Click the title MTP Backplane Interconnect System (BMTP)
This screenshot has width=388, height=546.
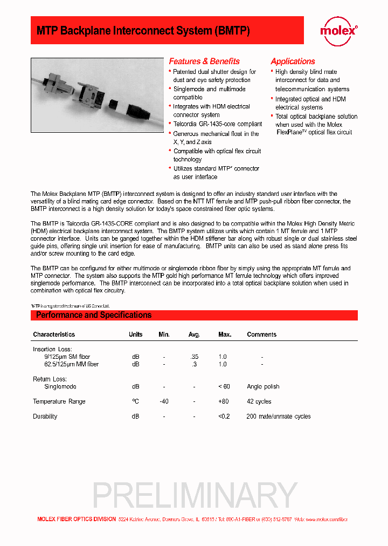[x=143, y=31]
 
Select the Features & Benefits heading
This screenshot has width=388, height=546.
[x=204, y=62]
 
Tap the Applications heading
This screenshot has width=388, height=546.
[x=293, y=62]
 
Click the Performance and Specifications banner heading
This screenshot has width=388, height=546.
[x=94, y=315]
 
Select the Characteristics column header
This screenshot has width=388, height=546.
[x=54, y=335]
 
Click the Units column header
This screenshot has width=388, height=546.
[x=135, y=335]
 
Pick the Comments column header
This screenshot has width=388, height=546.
[x=261, y=335]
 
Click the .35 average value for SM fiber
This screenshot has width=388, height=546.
[x=194, y=357]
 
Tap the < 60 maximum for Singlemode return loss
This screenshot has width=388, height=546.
[x=224, y=386]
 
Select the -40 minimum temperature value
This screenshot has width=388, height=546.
[x=164, y=401]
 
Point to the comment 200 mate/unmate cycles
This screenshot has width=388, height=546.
[x=278, y=417]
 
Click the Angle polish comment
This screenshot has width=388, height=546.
[x=263, y=386]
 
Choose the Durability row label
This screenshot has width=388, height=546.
[x=45, y=417]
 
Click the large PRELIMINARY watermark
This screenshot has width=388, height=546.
[x=195, y=495]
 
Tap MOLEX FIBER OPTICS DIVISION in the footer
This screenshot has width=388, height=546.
[x=76, y=519]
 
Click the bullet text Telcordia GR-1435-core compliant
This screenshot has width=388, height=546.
[x=217, y=124]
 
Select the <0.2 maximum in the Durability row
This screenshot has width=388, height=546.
[x=224, y=417]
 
